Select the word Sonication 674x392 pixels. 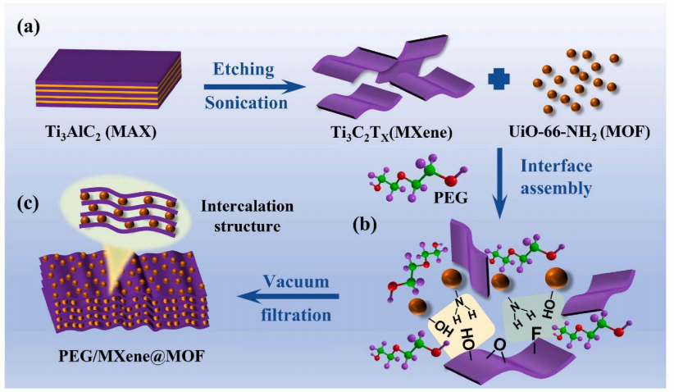244,104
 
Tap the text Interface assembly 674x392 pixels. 564,176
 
